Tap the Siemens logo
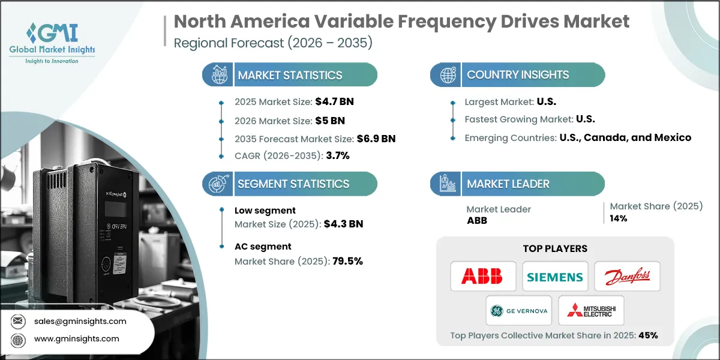(x=555, y=277)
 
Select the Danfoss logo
(x=627, y=277)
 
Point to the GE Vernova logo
(x=519, y=311)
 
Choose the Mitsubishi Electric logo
(x=591, y=311)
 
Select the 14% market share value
(x=619, y=218)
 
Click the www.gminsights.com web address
(x=77, y=338)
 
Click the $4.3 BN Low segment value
(x=343, y=224)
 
